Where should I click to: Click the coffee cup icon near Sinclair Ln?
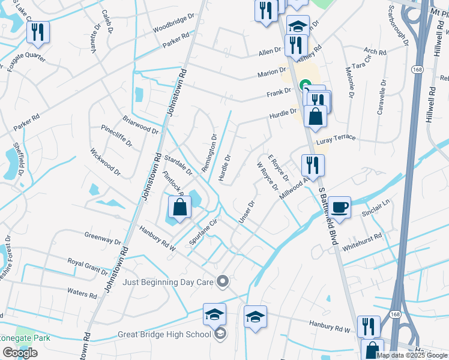coord(340,207)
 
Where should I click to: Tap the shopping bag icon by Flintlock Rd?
coord(179,208)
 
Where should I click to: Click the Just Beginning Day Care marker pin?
coord(223,281)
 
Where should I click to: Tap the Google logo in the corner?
coord(20,353)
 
